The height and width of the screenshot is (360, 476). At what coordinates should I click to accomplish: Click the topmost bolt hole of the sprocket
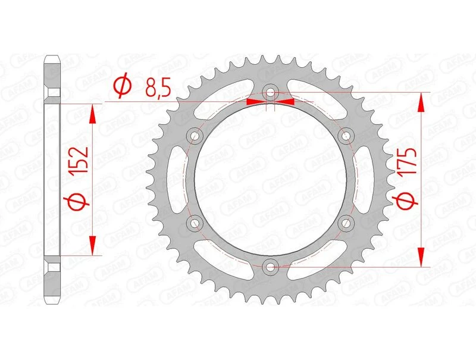point(271,93)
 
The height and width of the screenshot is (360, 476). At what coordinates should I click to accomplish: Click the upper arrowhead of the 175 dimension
point(422,102)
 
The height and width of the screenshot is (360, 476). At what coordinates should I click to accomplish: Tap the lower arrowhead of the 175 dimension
point(422,256)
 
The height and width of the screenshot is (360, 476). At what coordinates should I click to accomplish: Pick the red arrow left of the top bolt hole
point(255,102)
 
